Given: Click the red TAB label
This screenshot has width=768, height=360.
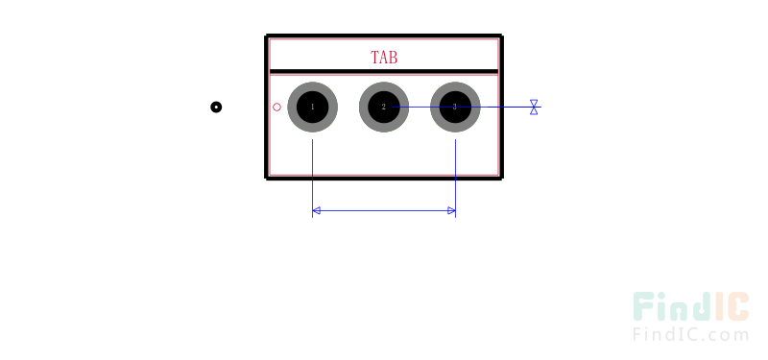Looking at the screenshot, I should pyautogui.click(x=384, y=58).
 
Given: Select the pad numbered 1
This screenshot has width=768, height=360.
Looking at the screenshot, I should pyautogui.click(x=312, y=107).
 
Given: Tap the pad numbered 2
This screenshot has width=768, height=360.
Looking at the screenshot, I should pyautogui.click(x=383, y=107).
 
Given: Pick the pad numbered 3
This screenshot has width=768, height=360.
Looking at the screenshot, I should pyautogui.click(x=454, y=107).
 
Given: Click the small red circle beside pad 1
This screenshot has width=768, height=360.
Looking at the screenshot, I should pyautogui.click(x=277, y=107).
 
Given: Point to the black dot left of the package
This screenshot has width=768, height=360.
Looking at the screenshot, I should pyautogui.click(x=216, y=107).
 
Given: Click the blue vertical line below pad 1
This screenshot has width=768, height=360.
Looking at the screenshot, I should pyautogui.click(x=313, y=173).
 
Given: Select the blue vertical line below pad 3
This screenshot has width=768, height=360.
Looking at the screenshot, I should pyautogui.click(x=454, y=173).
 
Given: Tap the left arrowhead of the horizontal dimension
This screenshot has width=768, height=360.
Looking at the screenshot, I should pyautogui.click(x=317, y=210).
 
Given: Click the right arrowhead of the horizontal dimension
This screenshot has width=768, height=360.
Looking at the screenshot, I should pyautogui.click(x=450, y=210).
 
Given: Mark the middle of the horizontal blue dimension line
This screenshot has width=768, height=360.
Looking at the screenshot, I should pyautogui.click(x=384, y=210).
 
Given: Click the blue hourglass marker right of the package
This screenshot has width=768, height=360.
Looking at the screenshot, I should pyautogui.click(x=534, y=108).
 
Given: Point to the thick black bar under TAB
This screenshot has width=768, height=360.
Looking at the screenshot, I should pyautogui.click(x=384, y=72).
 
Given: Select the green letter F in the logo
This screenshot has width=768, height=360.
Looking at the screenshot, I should pyautogui.click(x=643, y=307).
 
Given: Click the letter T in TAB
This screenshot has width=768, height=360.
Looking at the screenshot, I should pyautogui.click(x=374, y=58).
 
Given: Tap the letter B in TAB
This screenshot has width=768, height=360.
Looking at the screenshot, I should pyautogui.click(x=393, y=58).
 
